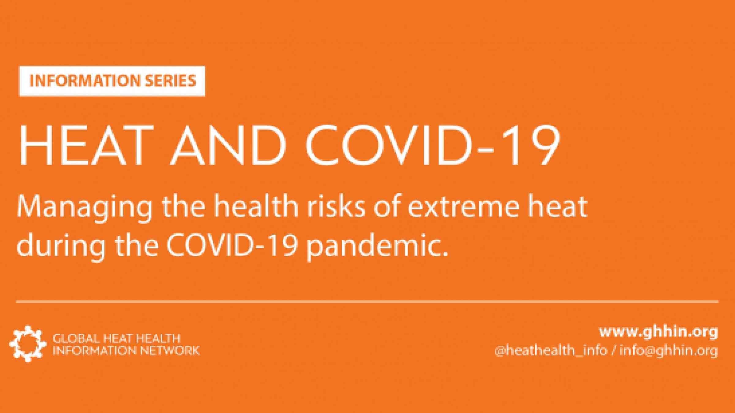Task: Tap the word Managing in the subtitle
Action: (x=85, y=207)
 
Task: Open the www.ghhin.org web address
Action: (x=658, y=332)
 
